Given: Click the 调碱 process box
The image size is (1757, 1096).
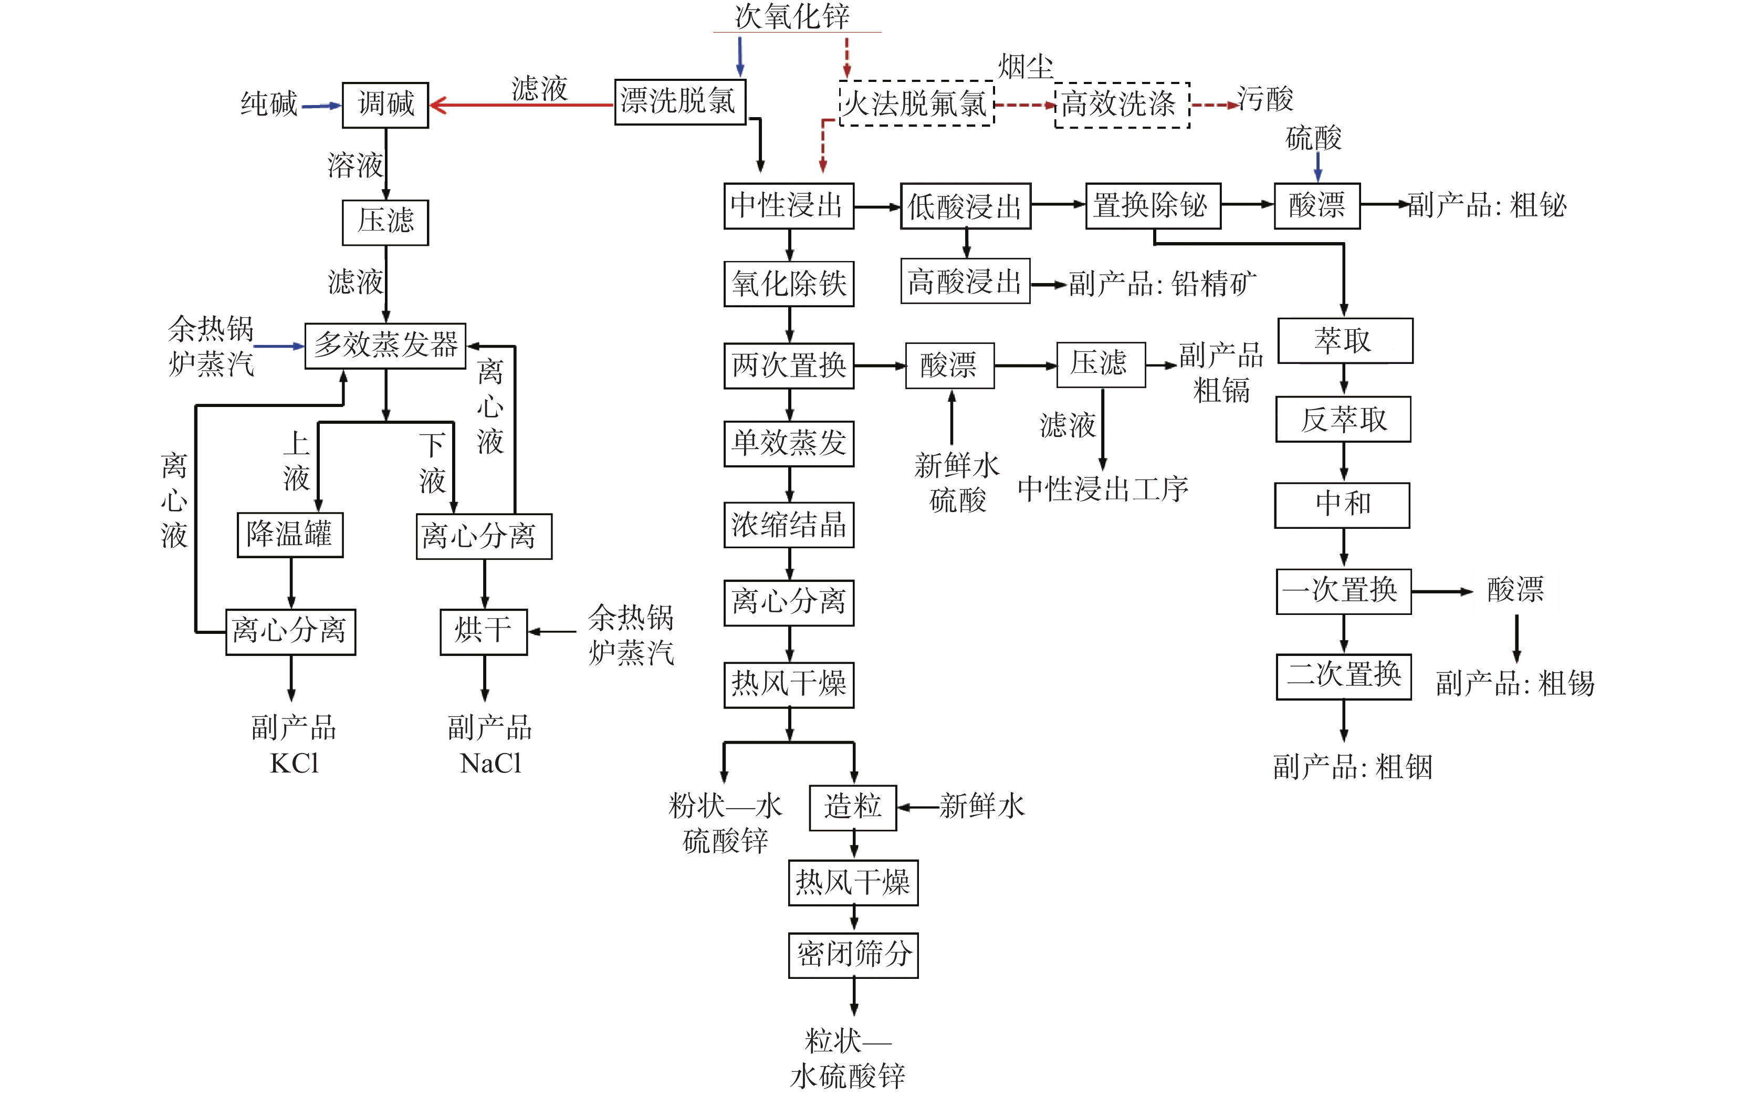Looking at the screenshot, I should click(385, 105).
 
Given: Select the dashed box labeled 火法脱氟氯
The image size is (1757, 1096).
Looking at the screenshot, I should click(916, 103).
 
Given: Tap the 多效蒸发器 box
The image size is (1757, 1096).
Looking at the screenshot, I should click(385, 346).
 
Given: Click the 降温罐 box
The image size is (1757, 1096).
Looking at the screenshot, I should click(290, 535).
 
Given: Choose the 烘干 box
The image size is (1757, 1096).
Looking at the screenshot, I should click(484, 631).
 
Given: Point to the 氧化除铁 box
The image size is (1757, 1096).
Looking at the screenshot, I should click(789, 284).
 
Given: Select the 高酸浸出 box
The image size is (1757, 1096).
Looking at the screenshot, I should click(965, 281).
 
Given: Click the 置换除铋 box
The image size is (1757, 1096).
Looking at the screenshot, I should click(1153, 206).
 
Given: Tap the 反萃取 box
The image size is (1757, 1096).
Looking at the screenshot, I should click(1343, 420).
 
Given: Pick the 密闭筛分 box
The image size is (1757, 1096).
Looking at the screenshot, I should click(853, 955).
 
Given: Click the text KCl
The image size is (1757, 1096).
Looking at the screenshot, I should click(294, 763).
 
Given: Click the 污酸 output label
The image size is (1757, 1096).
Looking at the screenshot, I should click(1265, 99).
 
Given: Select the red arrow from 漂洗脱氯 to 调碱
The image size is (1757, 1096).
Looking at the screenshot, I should click(522, 105).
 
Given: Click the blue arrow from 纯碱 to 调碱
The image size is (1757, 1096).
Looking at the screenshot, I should click(320, 106).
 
